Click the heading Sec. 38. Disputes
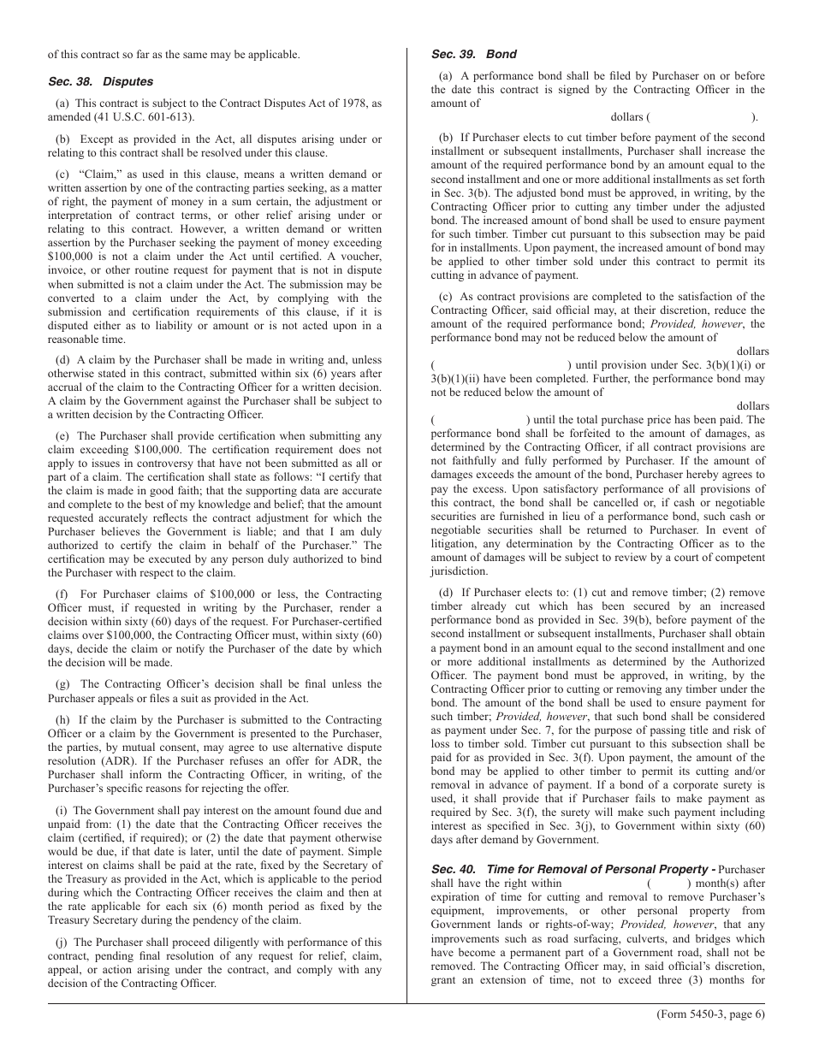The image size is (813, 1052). click(100, 82)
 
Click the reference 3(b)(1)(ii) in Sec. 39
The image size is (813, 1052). click(454, 378)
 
